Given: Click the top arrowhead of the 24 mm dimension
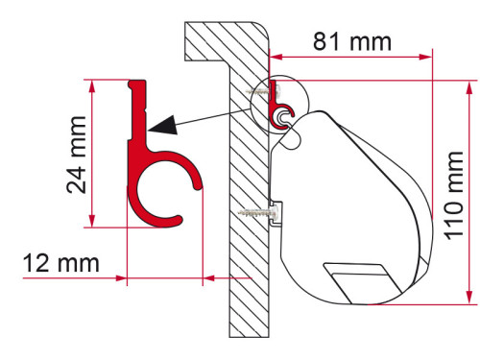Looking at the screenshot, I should coord(91,85).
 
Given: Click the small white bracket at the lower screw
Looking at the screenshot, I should coord(276,213).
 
